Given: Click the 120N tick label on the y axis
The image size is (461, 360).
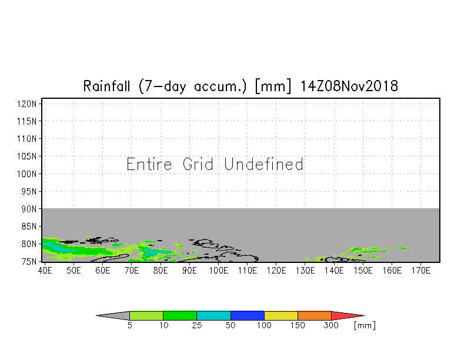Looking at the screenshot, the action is pyautogui.click(x=27, y=104).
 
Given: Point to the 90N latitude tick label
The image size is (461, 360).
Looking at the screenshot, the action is pyautogui.click(x=29, y=209).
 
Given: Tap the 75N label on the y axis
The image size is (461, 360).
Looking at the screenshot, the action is pyautogui.click(x=29, y=262).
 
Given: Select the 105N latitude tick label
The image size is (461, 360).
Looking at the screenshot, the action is pyautogui.click(x=27, y=156).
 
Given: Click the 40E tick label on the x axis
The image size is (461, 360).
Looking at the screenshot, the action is pyautogui.click(x=45, y=271).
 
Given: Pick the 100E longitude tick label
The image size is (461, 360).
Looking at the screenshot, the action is pyautogui.click(x=219, y=271).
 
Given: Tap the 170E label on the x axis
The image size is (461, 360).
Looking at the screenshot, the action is pyautogui.click(x=421, y=271).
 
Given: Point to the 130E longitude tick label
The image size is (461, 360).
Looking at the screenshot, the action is pyautogui.click(x=305, y=271).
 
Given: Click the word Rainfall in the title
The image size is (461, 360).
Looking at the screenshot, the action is pyautogui.click(x=107, y=86).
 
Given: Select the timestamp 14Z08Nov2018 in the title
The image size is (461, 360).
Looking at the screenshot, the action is pyautogui.click(x=349, y=86).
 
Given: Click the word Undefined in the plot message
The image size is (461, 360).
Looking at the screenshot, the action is pyautogui.click(x=263, y=164).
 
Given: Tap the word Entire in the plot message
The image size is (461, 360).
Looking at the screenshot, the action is pyautogui.click(x=149, y=164).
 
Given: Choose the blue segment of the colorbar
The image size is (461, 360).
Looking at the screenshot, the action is pyautogui.click(x=247, y=315).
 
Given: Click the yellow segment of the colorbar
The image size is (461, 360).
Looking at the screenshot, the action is pyautogui.click(x=281, y=315).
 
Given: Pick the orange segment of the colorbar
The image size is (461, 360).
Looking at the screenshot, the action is pyautogui.click(x=315, y=315).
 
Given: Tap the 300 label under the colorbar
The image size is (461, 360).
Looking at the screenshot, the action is pyautogui.click(x=331, y=326).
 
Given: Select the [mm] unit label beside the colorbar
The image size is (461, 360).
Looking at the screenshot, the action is pyautogui.click(x=365, y=326).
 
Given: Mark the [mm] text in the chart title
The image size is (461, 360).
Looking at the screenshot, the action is pyautogui.click(x=273, y=86).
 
